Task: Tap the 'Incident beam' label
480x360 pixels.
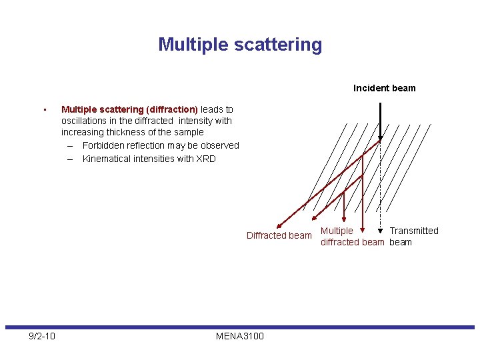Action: click(384, 88)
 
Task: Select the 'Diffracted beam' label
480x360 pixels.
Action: click(279, 235)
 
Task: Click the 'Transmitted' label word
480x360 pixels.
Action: click(414, 231)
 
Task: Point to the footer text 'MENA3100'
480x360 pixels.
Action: click(240, 336)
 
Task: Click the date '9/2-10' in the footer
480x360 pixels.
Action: click(42, 336)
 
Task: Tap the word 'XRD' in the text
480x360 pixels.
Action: click(205, 159)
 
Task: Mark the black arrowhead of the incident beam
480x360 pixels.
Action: click(380, 139)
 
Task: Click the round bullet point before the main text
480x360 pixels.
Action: click(43, 109)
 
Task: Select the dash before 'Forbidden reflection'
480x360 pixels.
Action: click(69, 145)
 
